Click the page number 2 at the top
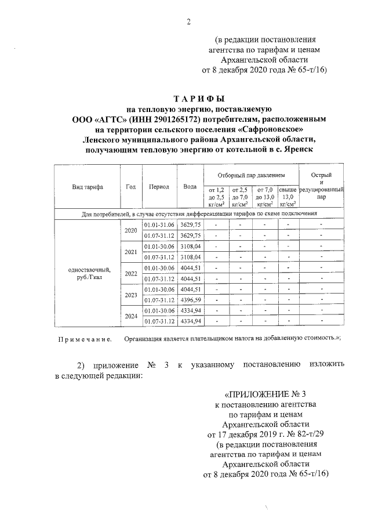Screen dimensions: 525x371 click(x=188, y=23)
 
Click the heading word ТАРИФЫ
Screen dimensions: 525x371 click(x=198, y=99)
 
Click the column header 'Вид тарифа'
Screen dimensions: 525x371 click(x=88, y=187)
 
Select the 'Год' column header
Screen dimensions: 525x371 click(x=130, y=187)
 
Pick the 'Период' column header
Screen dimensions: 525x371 click(x=158, y=187)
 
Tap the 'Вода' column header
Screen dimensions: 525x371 click(x=190, y=187)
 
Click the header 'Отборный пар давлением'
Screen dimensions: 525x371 click(x=251, y=174)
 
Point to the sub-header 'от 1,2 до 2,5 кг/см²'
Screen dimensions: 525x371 click(x=216, y=197)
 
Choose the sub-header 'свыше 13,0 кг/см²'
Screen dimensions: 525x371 click(x=288, y=197)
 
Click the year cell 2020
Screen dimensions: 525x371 click(x=131, y=230)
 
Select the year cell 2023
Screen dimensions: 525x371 click(x=131, y=294)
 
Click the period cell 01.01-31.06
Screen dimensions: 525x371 click(x=159, y=225)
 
